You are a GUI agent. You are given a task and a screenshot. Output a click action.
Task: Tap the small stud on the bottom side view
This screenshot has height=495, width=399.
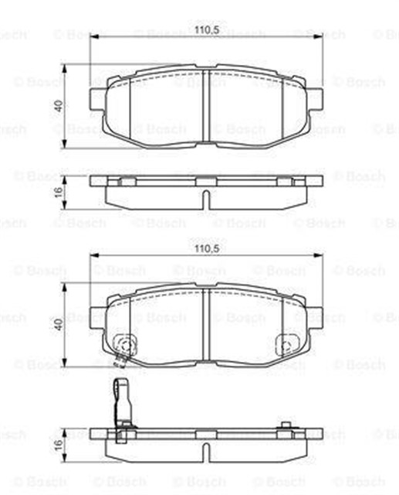287,424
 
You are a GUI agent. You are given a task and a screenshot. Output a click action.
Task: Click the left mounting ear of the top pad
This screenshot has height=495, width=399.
95,99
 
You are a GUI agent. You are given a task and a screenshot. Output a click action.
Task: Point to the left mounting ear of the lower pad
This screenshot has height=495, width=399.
95,316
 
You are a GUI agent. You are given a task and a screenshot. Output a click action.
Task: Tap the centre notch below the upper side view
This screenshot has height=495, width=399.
205,198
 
